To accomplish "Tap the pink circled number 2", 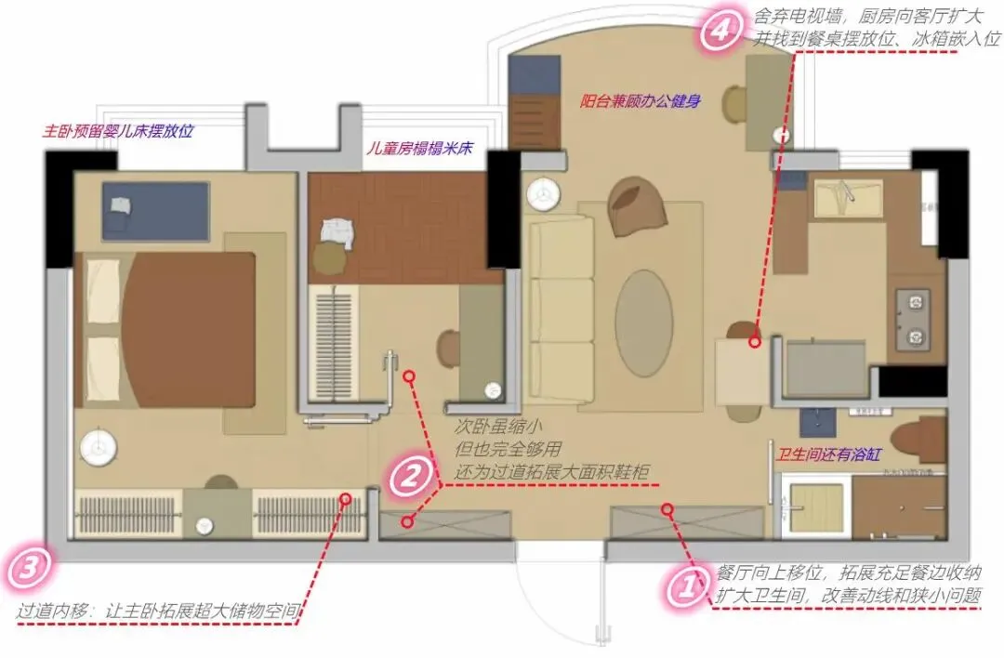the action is (411, 476).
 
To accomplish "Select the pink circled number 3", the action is (30, 567).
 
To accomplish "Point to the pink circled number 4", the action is (720, 29).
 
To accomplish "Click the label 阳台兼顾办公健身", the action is (640, 101).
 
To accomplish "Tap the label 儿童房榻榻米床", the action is (419, 149).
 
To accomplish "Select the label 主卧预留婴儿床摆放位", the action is (118, 132).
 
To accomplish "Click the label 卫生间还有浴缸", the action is (829, 455).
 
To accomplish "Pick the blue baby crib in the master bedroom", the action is (156, 211).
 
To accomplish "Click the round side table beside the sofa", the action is (544, 193).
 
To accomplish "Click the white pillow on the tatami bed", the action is (337, 232).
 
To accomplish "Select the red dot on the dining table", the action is (756, 342).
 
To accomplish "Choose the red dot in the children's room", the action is (410, 376).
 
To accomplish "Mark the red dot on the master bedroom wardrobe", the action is (346, 499).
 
